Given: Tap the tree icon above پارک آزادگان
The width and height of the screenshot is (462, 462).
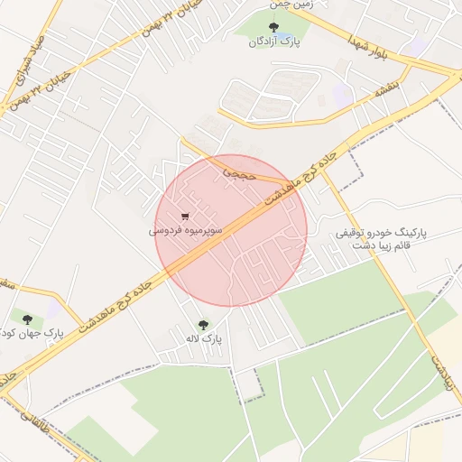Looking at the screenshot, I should pos(274,27).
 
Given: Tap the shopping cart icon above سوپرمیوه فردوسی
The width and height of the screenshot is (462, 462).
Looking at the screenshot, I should pos(185,217).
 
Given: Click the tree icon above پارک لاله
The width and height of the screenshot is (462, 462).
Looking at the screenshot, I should pos(202,324).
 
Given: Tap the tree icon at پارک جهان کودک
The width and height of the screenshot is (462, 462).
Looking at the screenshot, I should pos(26,319).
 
